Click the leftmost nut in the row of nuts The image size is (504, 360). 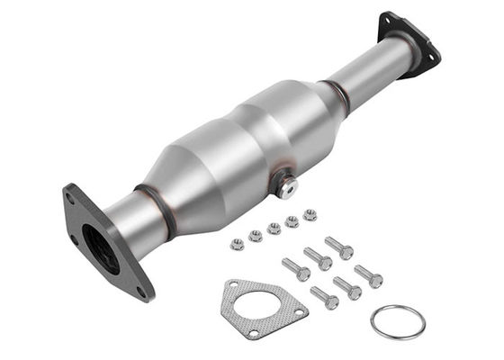point(238,243)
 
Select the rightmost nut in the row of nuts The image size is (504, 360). point(310,215)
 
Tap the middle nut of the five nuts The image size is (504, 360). point(274,229)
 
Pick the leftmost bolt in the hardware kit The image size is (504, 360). point(295,268)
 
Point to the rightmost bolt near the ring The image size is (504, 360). point(368,275)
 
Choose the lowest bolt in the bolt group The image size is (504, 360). point(324,297)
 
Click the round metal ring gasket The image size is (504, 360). point(398,321)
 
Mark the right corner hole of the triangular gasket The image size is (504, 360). point(300,310)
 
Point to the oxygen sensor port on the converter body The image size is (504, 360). point(286,188)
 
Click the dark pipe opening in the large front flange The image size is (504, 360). point(100,247)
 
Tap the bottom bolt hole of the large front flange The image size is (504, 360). point(140,290)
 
